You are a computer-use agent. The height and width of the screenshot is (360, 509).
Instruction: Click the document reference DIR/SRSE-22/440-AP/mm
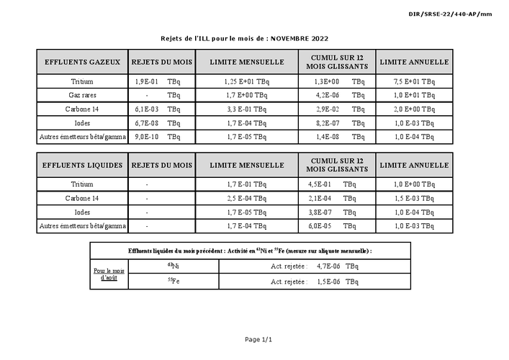point(460,14)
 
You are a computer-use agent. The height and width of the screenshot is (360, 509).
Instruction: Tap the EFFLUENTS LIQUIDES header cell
point(82,165)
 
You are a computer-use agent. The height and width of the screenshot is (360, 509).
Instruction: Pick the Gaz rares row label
point(82,95)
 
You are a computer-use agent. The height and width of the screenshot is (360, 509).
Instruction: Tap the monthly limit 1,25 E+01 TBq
point(247,82)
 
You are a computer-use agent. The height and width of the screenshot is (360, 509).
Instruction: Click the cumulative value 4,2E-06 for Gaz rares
point(326,95)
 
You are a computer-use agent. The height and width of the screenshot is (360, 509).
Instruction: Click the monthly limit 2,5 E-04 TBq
point(246,198)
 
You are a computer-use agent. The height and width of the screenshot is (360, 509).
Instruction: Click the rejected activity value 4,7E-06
point(329,266)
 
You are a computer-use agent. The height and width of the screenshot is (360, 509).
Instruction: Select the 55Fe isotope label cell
point(173,281)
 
